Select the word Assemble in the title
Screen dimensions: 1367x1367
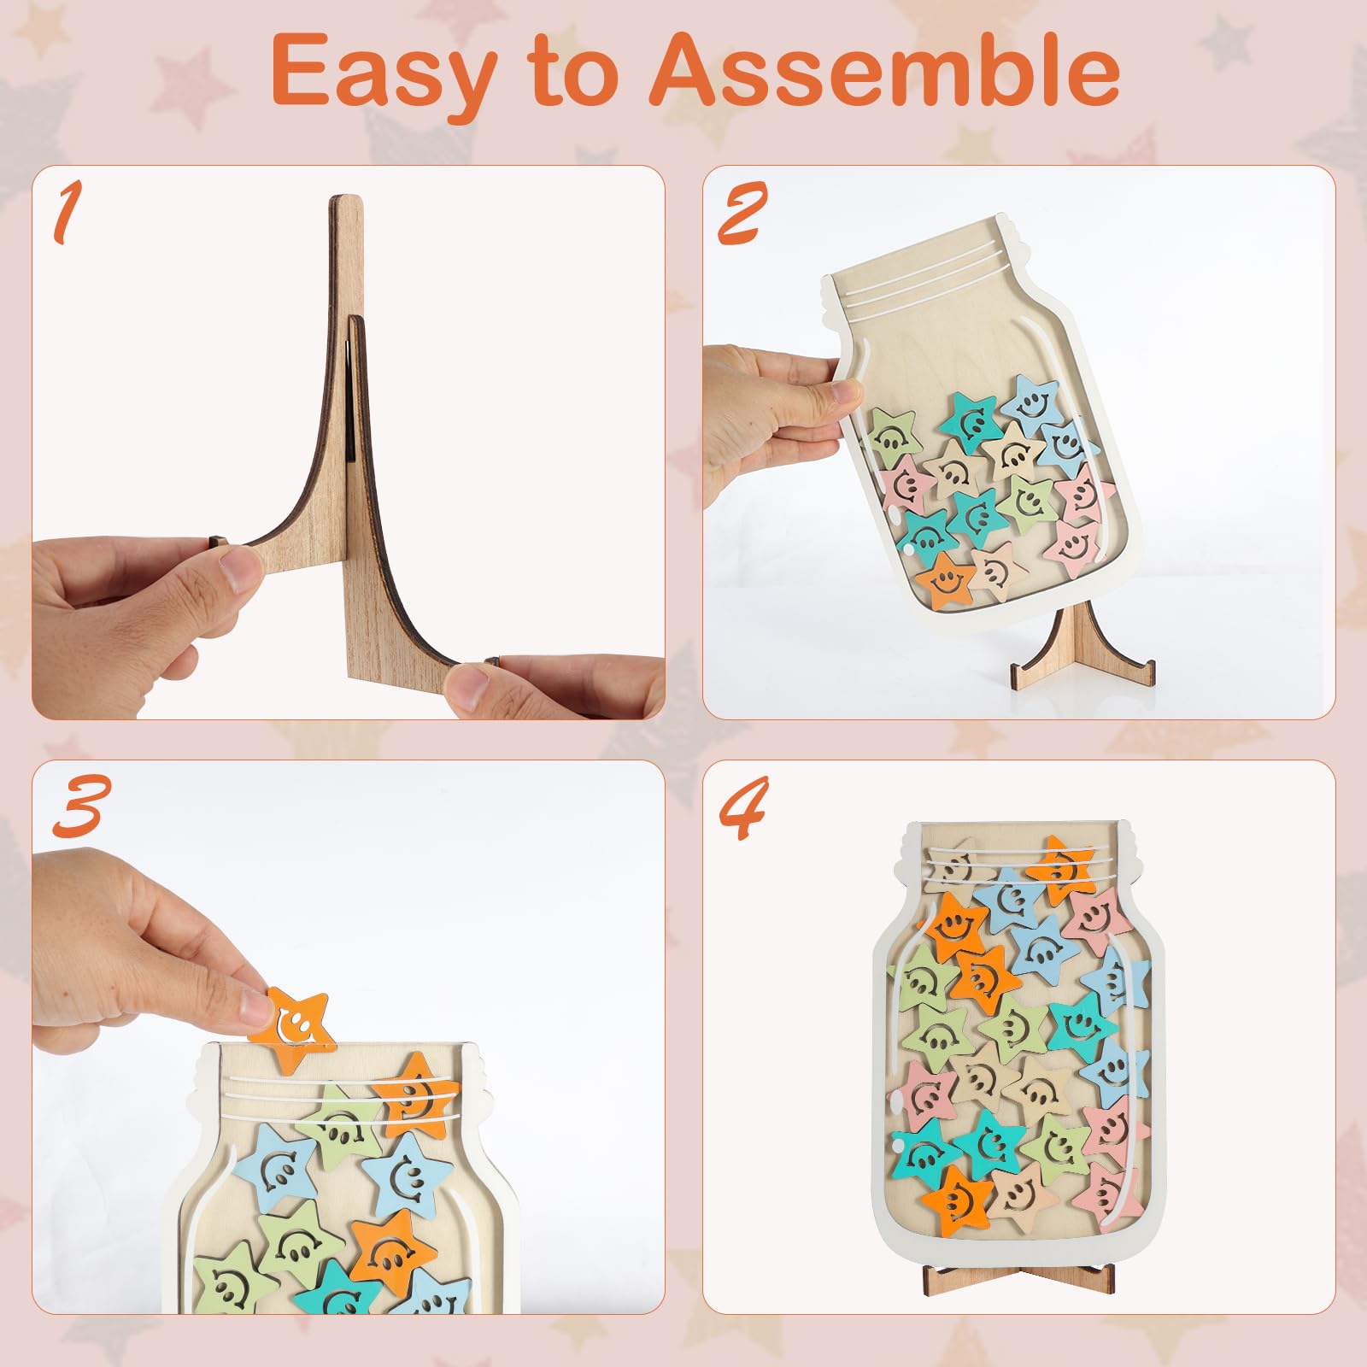[x=885, y=70]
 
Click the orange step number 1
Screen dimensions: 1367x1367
[x=67, y=214]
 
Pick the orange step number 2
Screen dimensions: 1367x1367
[x=740, y=214]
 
